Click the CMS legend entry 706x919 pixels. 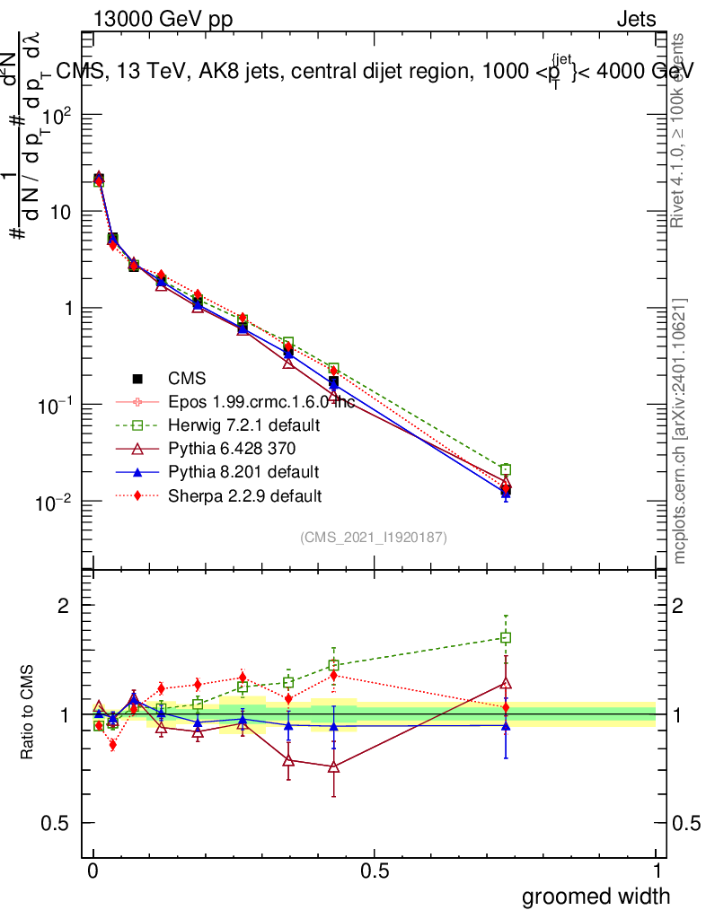[x=187, y=380]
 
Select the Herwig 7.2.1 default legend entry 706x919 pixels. [x=245, y=424]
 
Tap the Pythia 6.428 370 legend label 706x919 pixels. [x=233, y=448]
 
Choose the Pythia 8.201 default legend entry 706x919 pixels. [x=243, y=471]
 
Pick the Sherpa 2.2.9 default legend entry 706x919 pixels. [x=245, y=495]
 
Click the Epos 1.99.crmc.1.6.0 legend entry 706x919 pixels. [x=260, y=402]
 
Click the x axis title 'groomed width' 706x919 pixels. [x=596, y=896]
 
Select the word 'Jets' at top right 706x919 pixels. [x=635, y=19]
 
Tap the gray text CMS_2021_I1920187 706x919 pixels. [x=374, y=537]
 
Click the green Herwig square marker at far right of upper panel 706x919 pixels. [x=506, y=469]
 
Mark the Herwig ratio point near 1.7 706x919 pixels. [x=506, y=638]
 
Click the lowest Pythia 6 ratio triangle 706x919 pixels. [x=333, y=766]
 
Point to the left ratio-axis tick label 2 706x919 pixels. [x=64, y=606]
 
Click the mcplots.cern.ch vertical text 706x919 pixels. [x=680, y=431]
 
